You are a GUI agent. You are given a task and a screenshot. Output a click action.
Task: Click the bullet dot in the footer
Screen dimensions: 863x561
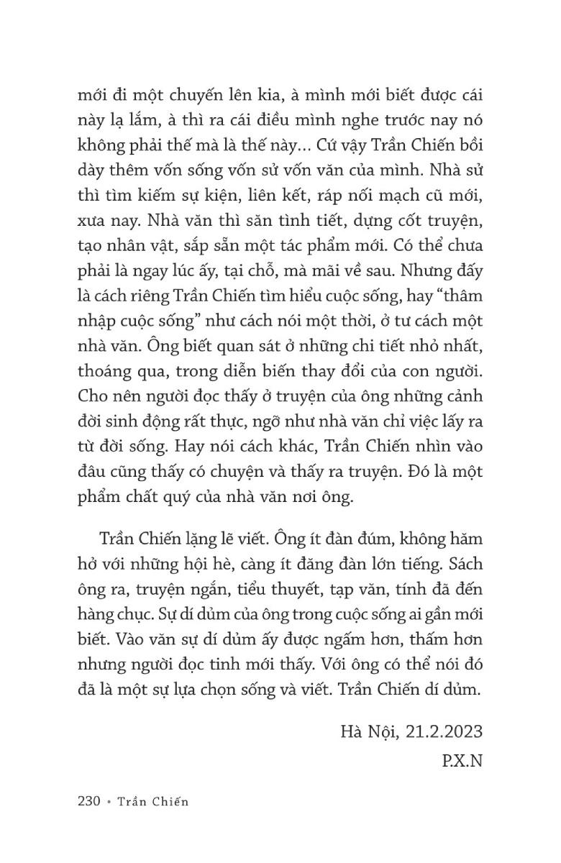pos(113,803)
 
